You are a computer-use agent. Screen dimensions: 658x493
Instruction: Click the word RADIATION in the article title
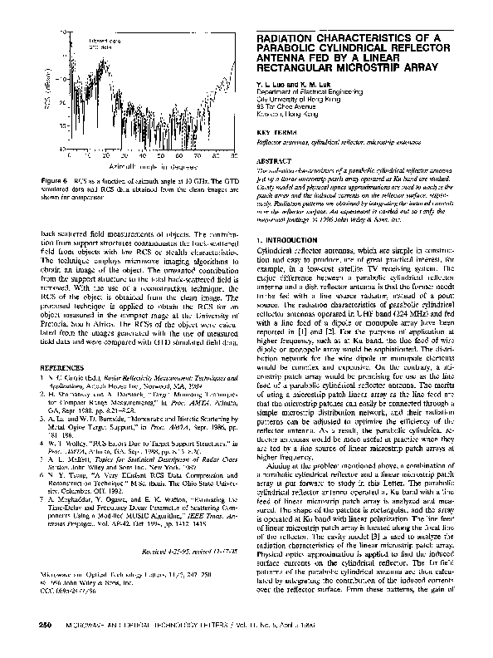tap(286, 38)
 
